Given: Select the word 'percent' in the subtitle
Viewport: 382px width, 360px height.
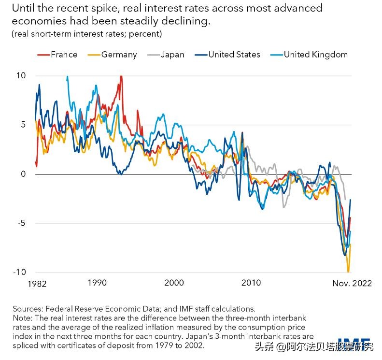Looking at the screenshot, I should (146, 34).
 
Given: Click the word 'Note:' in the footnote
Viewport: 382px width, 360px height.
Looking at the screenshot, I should (23, 318).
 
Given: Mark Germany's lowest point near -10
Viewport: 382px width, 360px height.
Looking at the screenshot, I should (348, 272).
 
